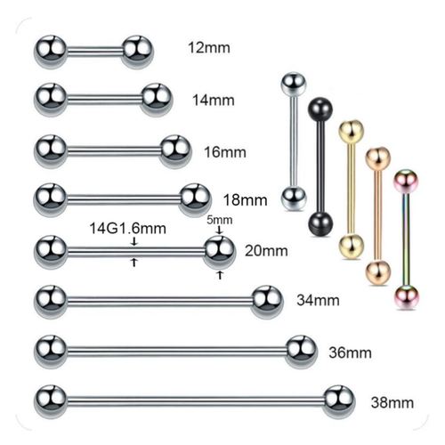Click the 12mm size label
209,48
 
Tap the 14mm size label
214,100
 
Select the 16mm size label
225,152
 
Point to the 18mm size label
246,200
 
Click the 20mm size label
266,251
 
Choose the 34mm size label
318,300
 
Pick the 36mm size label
350,352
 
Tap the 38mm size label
392,402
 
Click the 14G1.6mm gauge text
127,229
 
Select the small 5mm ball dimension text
220,220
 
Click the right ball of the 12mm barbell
137,51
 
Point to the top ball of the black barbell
320,109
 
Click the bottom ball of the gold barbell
352,246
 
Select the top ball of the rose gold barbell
377,158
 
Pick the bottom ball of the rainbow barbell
406,296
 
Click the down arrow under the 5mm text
220,231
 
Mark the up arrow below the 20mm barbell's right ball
220,275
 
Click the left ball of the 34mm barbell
50,301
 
